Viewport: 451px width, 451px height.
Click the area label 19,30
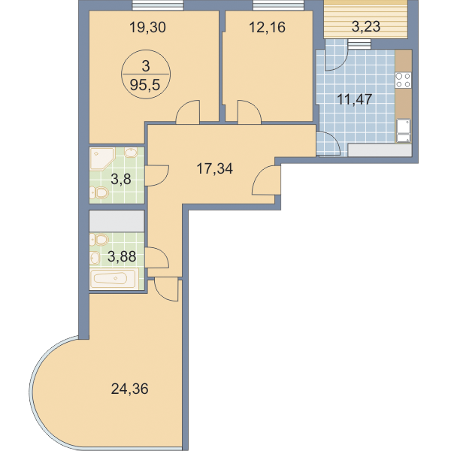click(x=147, y=28)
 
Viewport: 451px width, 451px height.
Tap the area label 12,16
click(x=267, y=28)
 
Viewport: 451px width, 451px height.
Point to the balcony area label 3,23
click(x=366, y=27)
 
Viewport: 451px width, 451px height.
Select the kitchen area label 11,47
click(x=354, y=100)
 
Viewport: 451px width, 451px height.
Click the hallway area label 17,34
click(x=214, y=168)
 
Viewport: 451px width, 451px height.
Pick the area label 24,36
click(x=130, y=389)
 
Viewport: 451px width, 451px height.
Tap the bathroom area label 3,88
click(x=122, y=256)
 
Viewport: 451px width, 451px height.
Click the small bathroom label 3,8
click(x=121, y=180)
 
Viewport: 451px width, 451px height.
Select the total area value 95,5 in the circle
click(x=144, y=85)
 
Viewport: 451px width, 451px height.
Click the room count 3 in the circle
click(x=146, y=66)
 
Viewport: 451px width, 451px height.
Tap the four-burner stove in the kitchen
click(x=403, y=80)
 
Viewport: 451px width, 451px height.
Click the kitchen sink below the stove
click(x=404, y=131)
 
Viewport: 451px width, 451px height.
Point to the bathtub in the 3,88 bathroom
click(x=114, y=279)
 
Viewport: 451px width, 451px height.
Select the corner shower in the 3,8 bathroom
click(x=101, y=159)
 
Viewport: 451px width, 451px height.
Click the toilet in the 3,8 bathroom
click(x=99, y=192)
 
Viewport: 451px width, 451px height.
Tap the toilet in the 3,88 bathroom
click(x=99, y=239)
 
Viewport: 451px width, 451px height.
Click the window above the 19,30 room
click(x=158, y=5)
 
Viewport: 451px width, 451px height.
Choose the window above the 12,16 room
click(x=278, y=5)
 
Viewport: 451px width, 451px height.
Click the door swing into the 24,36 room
click(x=167, y=289)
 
